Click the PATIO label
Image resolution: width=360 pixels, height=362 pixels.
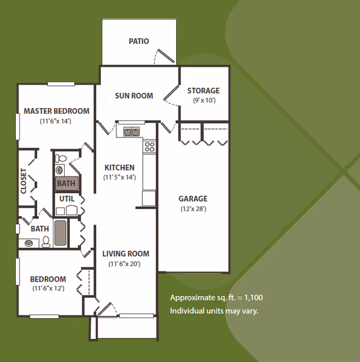point(139,41)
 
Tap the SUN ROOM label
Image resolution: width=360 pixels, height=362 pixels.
point(134,96)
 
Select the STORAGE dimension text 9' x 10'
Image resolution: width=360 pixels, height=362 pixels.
point(204,100)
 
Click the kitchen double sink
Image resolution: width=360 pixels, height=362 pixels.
point(132,132)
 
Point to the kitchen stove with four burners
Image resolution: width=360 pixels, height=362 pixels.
point(150,147)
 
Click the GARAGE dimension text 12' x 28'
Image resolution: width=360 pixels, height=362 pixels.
point(193,209)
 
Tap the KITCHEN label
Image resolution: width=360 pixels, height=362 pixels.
point(119,167)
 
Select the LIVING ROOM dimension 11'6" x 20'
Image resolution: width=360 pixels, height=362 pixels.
point(124,264)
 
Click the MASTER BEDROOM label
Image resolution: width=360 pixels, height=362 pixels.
point(56,111)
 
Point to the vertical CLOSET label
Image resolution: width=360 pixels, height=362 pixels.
point(24,181)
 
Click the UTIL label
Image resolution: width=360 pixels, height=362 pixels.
point(67,199)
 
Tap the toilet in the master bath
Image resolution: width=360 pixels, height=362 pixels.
point(61,158)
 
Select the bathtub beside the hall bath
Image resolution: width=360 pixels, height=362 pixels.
point(60,233)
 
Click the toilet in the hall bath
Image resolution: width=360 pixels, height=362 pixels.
point(46,242)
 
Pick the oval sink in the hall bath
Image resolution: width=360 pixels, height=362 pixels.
point(29,243)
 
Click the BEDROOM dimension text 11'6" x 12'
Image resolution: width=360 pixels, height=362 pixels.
point(48,288)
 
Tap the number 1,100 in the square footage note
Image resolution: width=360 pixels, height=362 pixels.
point(254,297)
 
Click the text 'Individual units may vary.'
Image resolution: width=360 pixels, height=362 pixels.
point(214,311)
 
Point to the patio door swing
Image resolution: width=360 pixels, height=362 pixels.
point(164,56)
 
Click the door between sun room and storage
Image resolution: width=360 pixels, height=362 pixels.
point(171,96)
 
